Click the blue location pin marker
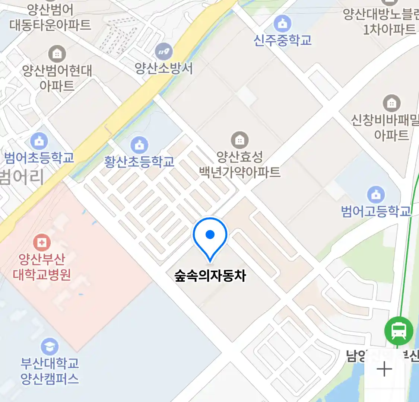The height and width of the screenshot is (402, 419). (x=210, y=237)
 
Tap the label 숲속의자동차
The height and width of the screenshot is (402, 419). (x=210, y=276)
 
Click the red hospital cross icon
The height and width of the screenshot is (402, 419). (x=42, y=243)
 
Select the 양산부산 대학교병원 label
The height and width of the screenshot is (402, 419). (x=42, y=267)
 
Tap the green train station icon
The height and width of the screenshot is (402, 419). (x=399, y=330)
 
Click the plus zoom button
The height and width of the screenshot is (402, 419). (x=384, y=370)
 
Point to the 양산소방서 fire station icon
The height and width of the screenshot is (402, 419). (x=164, y=51)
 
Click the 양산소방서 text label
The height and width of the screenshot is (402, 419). (x=164, y=68)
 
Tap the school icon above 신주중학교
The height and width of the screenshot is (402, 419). (x=282, y=23)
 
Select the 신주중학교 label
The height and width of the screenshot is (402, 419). (x=282, y=40)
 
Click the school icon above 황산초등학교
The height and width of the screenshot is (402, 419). (x=139, y=145)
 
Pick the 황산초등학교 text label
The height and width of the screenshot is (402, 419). (x=139, y=162)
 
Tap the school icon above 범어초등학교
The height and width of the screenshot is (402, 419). (x=39, y=141)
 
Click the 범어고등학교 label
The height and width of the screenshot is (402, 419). (x=376, y=211)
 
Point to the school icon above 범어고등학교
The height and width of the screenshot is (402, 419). (x=376, y=194)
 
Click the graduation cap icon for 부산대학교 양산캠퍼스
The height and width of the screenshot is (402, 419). (x=50, y=347)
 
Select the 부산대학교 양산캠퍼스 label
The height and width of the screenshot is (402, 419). (x=50, y=371)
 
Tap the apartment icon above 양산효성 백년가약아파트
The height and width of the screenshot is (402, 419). (x=240, y=140)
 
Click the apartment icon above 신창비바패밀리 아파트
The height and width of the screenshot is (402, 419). (x=391, y=103)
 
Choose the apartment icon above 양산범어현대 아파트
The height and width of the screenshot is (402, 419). (x=57, y=54)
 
